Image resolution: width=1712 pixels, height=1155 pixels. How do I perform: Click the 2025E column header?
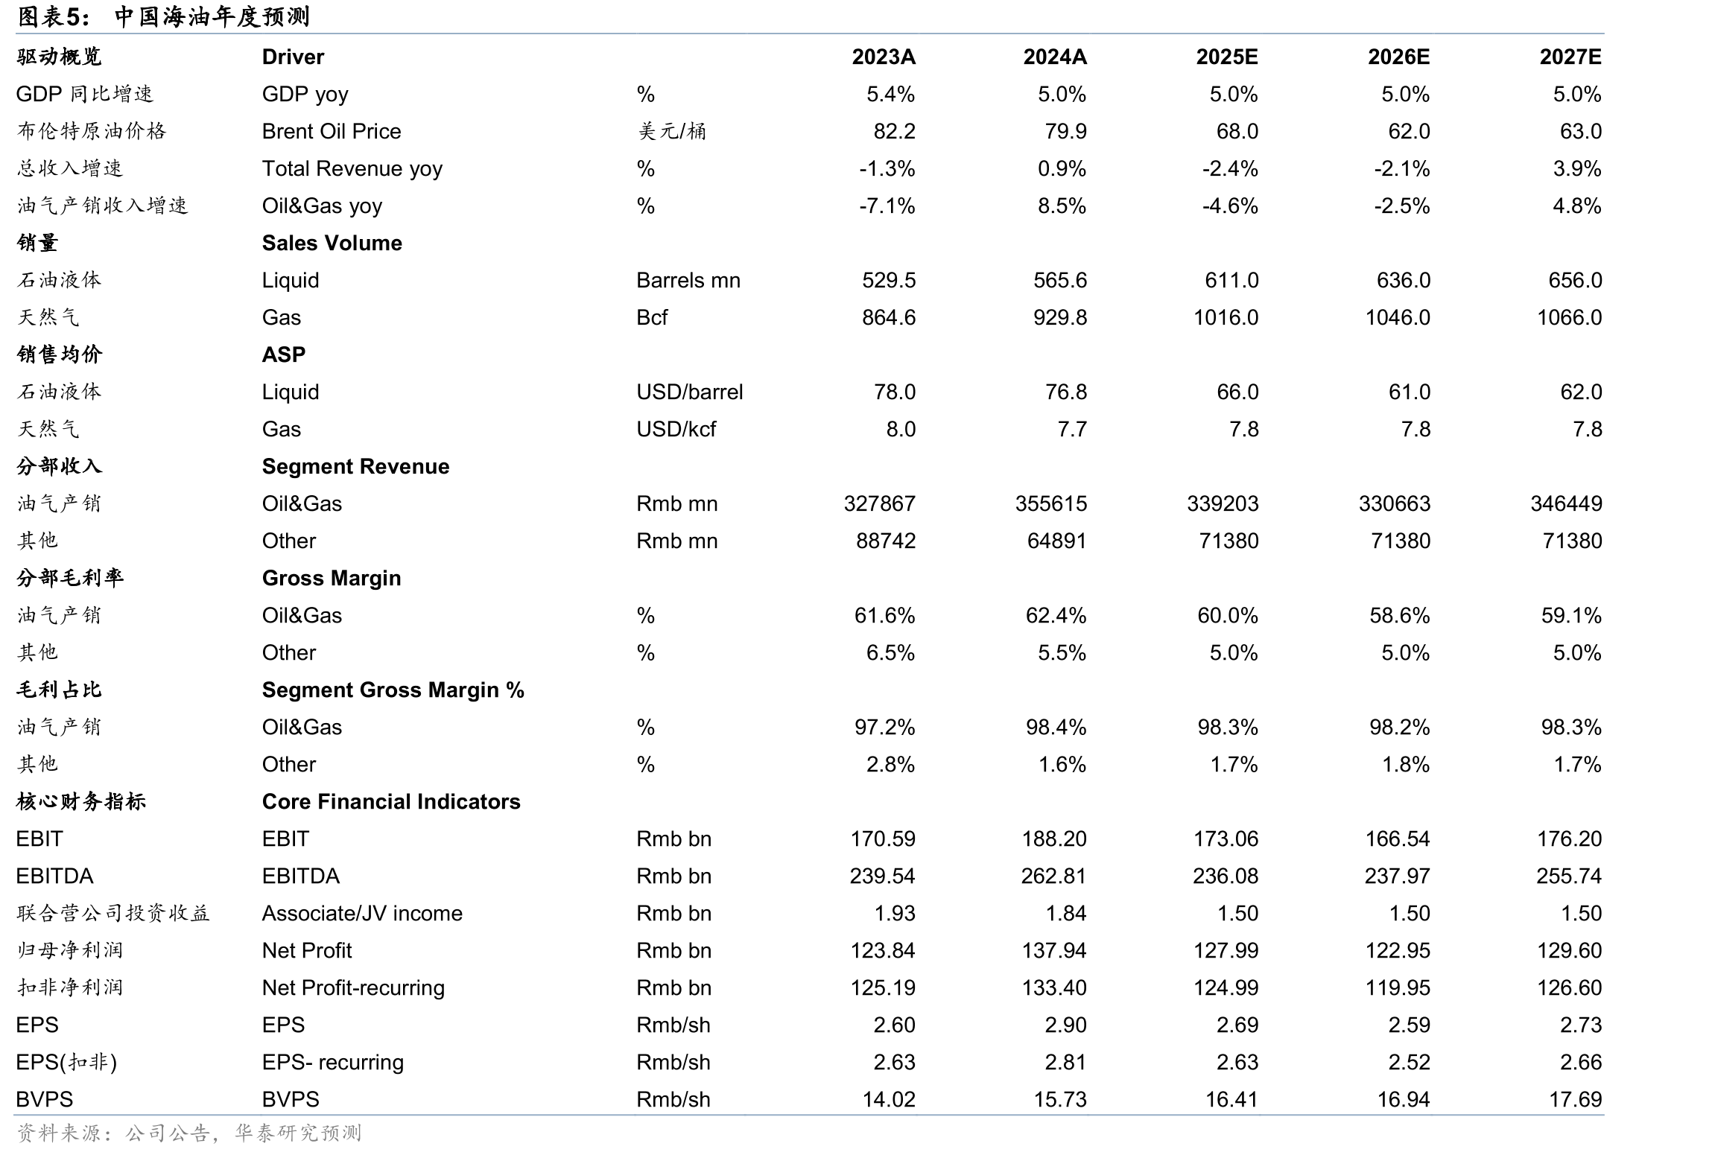1226,57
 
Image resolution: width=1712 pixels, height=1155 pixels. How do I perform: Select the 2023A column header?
884,57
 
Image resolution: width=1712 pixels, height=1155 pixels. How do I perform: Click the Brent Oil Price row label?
332,131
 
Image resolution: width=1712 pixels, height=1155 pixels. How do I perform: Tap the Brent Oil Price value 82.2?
894,131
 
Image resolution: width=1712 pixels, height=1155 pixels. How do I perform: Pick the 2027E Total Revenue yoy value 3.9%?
1576,168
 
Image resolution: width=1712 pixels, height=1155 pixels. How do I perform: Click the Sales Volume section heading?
332,243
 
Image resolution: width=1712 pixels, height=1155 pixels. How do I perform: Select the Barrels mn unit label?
688,280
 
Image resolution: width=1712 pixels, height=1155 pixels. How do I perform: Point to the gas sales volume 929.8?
1060,317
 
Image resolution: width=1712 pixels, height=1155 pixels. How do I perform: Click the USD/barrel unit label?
690,392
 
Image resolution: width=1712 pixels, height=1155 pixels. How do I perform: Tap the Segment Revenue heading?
355,466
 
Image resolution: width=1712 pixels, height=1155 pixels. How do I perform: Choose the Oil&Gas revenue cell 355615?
1051,503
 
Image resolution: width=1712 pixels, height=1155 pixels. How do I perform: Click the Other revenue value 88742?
886,541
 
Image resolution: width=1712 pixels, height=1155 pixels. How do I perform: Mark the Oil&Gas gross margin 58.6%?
1399,615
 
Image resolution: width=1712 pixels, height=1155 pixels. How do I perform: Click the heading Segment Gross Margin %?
393,690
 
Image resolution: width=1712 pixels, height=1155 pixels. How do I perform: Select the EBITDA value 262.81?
1053,876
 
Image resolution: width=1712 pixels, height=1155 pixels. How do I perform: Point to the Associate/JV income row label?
362,913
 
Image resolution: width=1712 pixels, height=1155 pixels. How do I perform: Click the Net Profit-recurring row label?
353,987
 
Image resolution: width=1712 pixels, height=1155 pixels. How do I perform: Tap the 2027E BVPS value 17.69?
1575,1099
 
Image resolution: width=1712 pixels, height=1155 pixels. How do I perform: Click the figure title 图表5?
52,16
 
